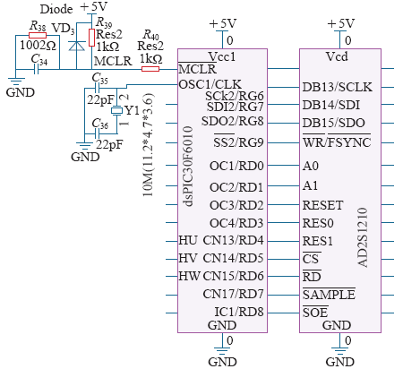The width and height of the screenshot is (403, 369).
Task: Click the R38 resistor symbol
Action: point(38,35)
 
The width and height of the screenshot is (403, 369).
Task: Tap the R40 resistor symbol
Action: point(150,69)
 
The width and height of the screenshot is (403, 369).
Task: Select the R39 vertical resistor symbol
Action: point(91,38)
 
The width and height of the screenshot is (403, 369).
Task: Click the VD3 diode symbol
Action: point(76,46)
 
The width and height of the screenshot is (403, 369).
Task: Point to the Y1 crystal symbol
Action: point(116,111)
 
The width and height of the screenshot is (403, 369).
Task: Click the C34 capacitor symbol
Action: point(36,70)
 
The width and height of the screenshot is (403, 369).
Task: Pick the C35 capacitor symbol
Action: point(97,88)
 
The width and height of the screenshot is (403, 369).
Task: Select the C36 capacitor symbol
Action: point(97,133)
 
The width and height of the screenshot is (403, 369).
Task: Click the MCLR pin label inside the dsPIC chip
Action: point(197,69)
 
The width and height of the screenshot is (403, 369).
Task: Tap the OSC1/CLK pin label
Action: point(210,84)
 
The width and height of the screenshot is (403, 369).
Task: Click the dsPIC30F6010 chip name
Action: point(189,167)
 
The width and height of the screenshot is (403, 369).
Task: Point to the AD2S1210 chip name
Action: point(363,237)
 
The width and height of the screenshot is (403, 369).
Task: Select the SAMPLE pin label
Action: point(329,295)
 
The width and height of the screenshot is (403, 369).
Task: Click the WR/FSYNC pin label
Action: point(337,142)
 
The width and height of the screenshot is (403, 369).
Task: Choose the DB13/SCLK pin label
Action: point(338,87)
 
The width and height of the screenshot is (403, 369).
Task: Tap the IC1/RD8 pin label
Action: point(239,312)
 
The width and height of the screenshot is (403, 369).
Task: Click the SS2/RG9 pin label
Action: point(238,142)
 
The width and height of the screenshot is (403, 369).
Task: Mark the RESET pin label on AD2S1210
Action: point(322,205)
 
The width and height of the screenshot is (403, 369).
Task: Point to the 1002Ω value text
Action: point(38,46)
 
